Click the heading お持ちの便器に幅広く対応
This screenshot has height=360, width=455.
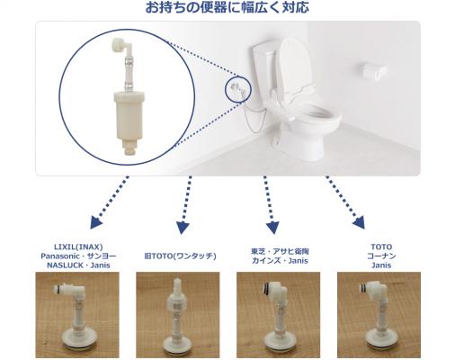tap(227, 8)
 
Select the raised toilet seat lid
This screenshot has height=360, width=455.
tap(295, 65)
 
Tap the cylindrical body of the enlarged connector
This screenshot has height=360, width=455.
tap(129, 115)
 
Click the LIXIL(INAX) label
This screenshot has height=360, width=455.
tap(78, 247)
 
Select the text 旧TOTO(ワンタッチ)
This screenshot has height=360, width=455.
tap(180, 256)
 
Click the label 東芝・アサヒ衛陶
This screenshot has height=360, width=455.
tap(280, 251)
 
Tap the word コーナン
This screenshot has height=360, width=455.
tap(381, 256)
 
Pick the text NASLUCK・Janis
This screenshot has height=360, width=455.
tap(78, 265)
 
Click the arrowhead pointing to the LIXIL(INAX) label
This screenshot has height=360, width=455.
tap(96, 223)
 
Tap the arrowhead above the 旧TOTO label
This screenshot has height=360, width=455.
tap(183, 228)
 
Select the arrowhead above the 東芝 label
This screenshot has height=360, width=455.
tap(272, 228)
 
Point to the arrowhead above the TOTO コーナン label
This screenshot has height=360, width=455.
tap(359, 222)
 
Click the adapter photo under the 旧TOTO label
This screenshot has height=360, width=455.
tap(178, 315)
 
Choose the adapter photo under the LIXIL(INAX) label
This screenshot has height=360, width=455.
tap(77, 315)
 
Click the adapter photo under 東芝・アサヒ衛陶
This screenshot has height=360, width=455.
tap(279, 315)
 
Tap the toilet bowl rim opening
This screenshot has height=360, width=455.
tap(318, 114)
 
